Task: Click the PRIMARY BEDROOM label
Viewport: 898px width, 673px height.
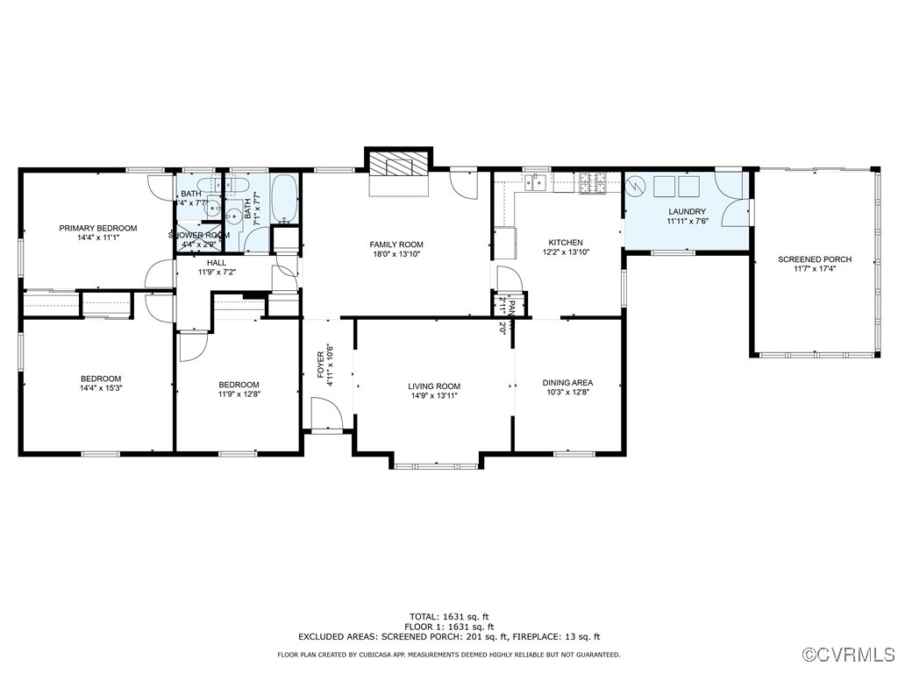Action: [x=98, y=228]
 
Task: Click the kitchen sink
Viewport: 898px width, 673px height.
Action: [x=535, y=182]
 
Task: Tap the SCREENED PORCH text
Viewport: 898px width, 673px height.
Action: [x=815, y=259]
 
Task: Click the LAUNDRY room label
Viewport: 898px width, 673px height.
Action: [x=687, y=211]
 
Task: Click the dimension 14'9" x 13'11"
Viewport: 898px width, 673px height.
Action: [x=434, y=396]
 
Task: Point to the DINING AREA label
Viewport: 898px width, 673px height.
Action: [x=568, y=382]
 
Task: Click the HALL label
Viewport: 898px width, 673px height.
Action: [x=217, y=262]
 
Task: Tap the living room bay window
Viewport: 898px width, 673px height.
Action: [x=435, y=464]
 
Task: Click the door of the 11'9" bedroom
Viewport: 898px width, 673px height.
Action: [x=191, y=346]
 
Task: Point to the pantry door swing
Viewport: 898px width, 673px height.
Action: [x=509, y=280]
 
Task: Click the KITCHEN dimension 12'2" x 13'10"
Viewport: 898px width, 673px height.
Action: [x=566, y=252]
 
